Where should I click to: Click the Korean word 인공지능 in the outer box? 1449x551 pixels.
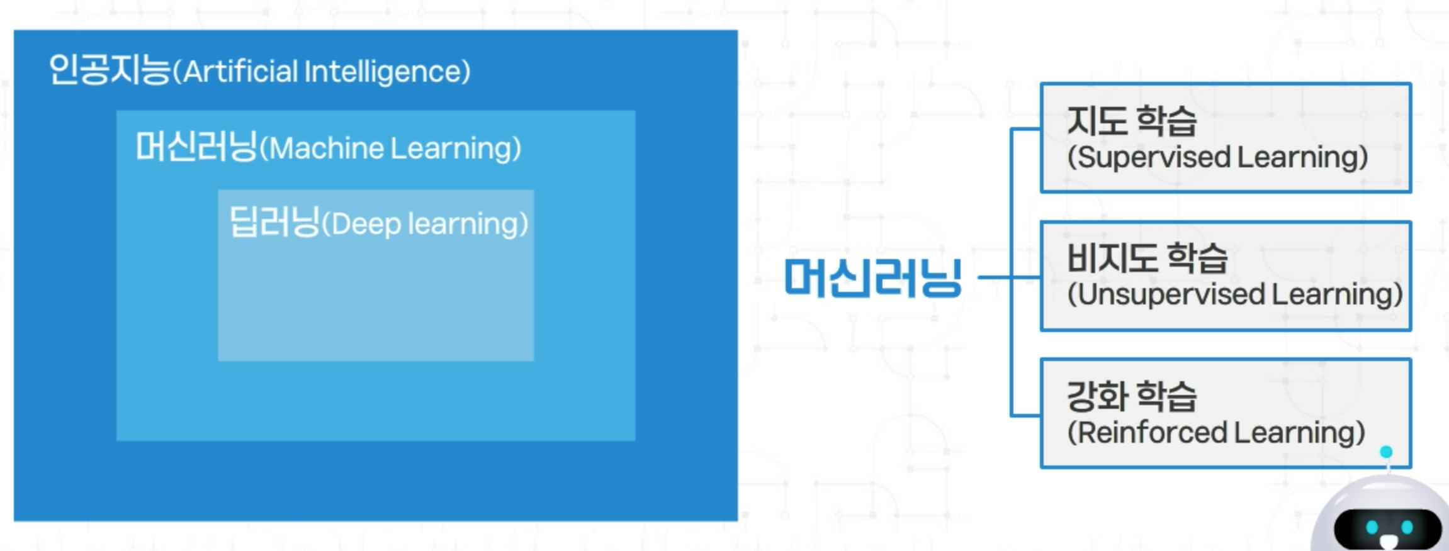coord(110,70)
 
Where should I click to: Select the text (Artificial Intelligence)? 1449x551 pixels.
coord(322,72)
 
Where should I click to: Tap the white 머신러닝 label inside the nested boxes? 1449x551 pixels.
coord(196,147)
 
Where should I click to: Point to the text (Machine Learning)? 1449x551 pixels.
coord(390,149)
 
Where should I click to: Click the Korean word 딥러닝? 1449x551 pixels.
coord(274,222)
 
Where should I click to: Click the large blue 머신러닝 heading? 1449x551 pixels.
coord(873,277)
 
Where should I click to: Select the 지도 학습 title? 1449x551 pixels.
coord(1132,120)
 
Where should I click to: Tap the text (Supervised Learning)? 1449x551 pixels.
coord(1217,157)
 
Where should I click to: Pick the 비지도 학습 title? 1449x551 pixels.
coord(1147,258)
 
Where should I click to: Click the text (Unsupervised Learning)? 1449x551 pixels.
coord(1235,294)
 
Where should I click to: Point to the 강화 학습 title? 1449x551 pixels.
coord(1132,396)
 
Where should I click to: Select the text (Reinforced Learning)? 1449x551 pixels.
coord(1216,433)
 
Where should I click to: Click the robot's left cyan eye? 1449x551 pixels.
coord(1372,527)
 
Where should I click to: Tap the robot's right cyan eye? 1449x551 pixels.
coord(1407,527)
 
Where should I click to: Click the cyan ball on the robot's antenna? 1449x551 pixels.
coord(1386,452)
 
